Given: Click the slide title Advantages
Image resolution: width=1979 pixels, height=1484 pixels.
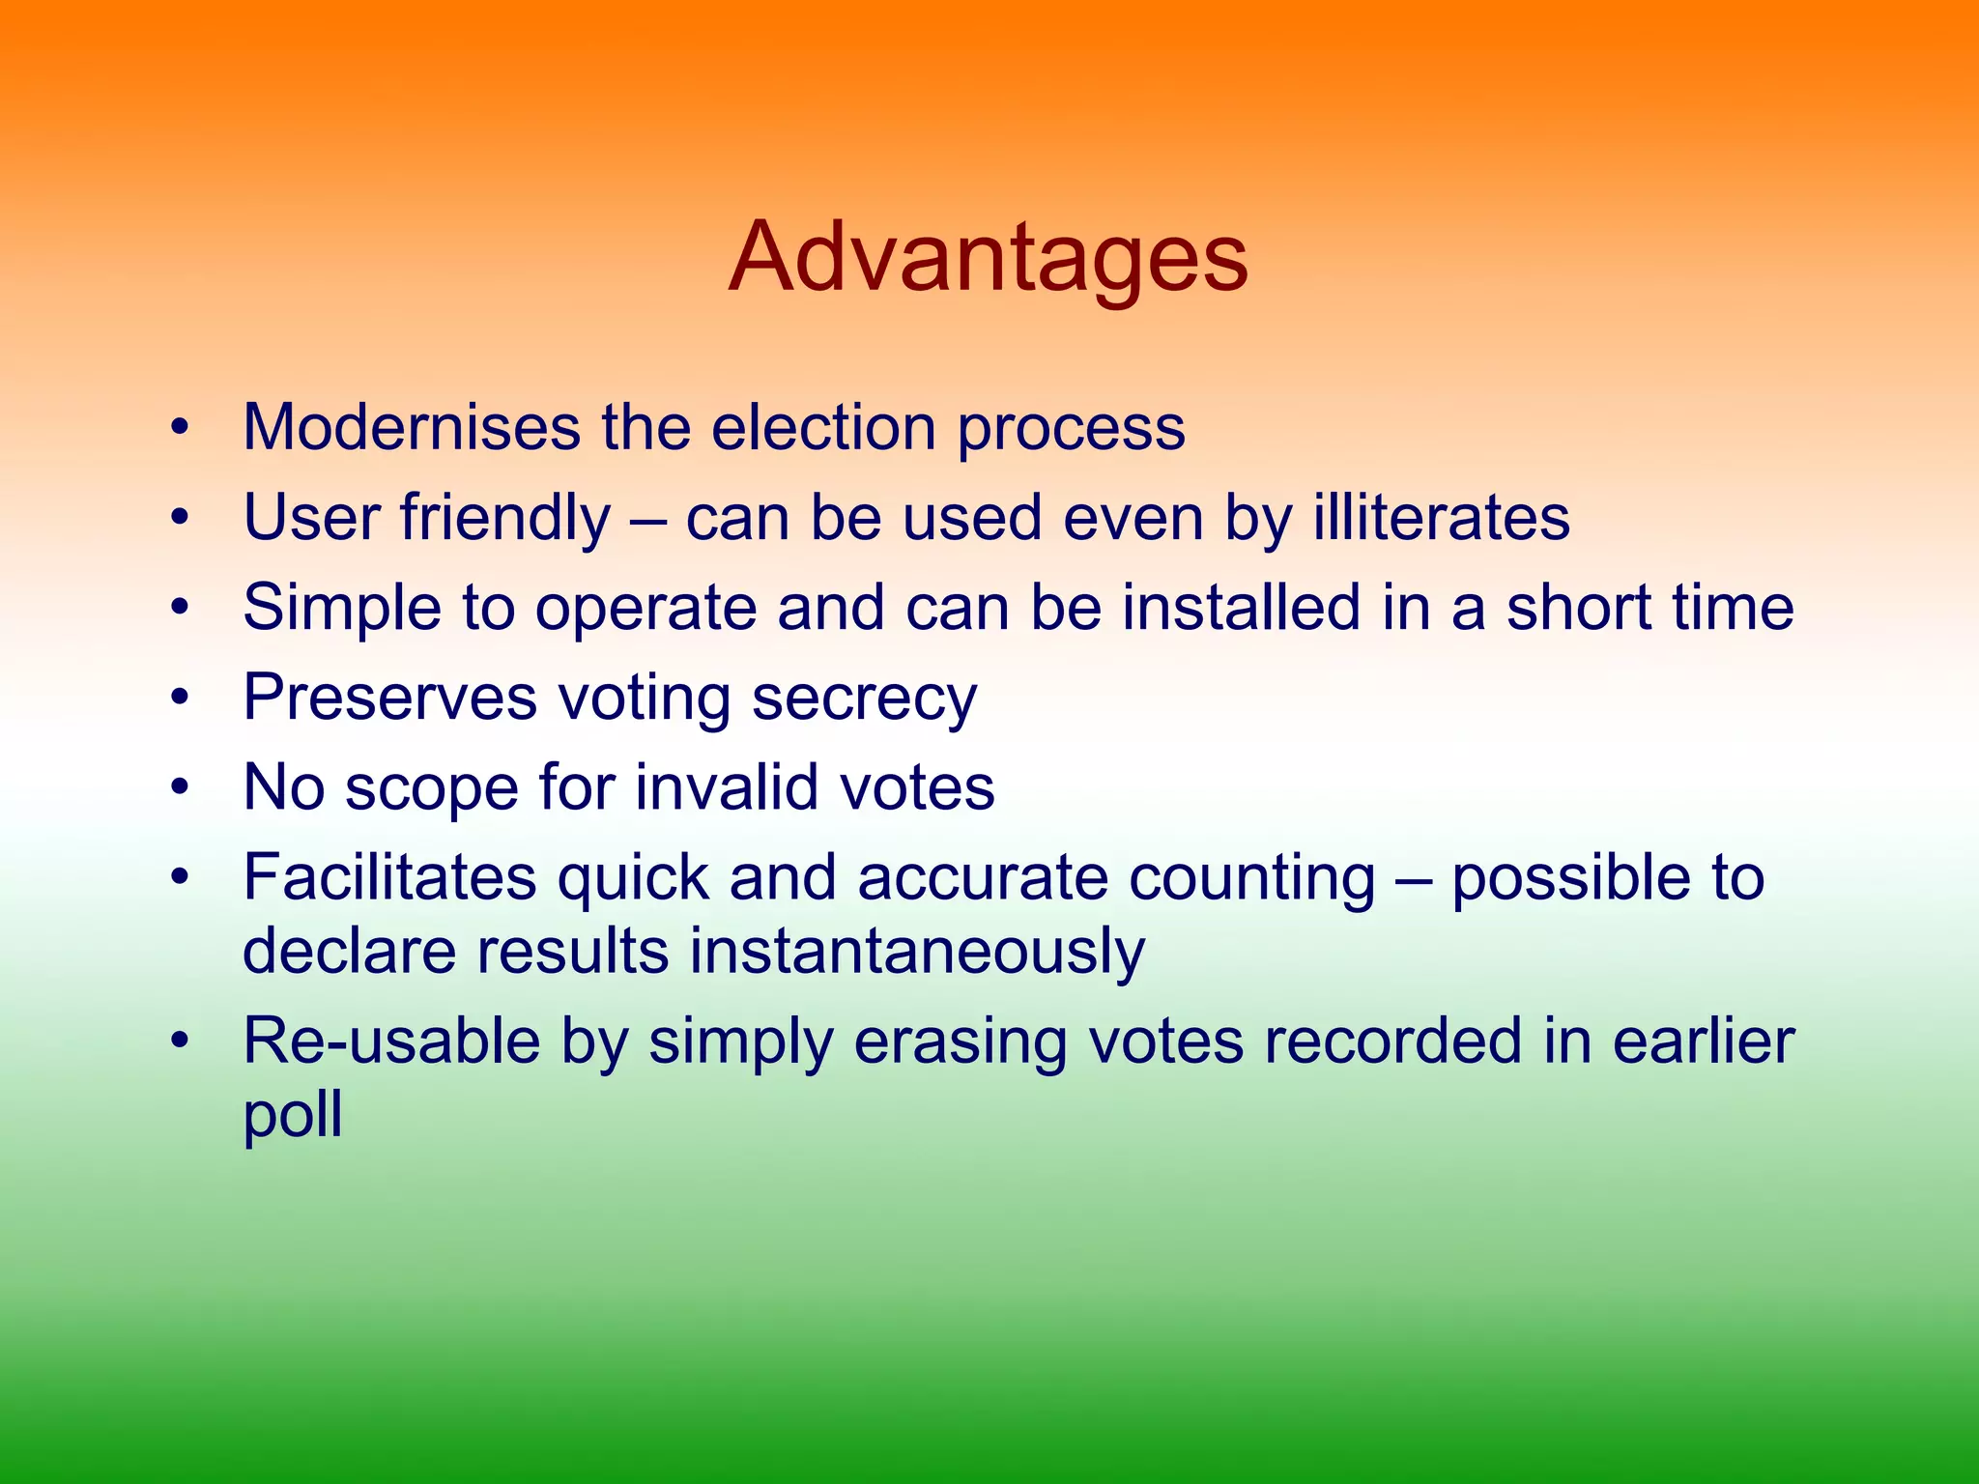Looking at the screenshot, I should coord(988,258).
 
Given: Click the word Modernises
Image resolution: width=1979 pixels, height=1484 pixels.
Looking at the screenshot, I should coord(412,427).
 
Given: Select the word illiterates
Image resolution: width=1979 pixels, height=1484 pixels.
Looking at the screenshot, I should coord(1441,517).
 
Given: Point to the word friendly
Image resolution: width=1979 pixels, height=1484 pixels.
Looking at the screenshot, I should coord(505,519).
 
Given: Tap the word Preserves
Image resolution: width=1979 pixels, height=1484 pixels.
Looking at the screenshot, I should coord(388,698).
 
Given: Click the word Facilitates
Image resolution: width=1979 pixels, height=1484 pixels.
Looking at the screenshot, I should coord(389,877).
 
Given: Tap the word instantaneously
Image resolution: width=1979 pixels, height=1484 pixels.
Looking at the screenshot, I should coord(916,952).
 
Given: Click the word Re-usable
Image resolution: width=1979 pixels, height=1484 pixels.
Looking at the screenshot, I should coord(390,1042).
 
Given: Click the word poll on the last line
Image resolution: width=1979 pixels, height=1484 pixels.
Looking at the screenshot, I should coord(292,1116).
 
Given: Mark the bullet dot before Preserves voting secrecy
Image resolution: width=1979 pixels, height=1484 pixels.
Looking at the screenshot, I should coord(179,698).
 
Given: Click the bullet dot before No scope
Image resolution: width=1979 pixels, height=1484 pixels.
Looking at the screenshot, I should coord(179,787).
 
